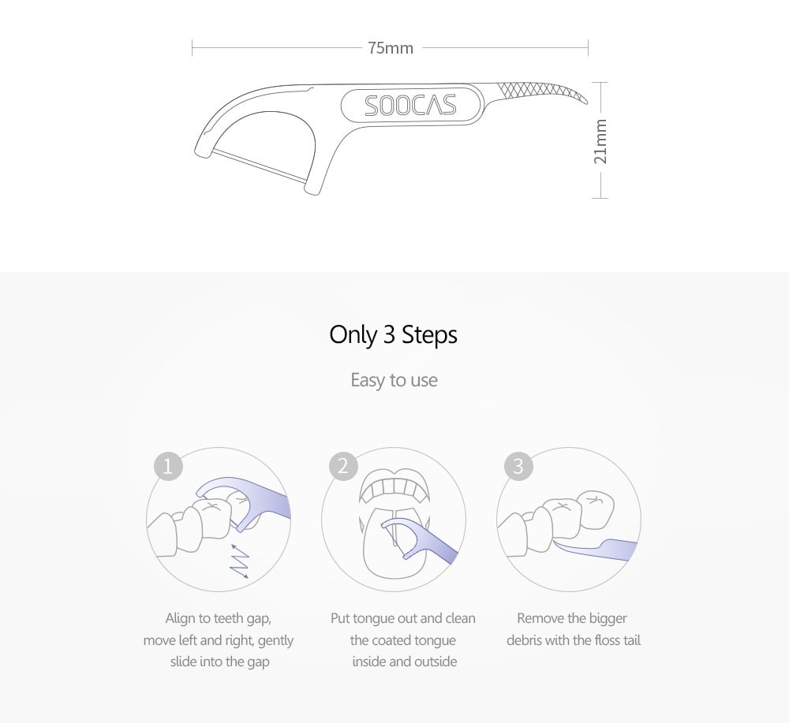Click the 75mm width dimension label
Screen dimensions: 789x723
[391, 48]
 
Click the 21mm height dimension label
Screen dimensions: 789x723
[600, 141]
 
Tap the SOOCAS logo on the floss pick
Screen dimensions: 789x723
[410, 106]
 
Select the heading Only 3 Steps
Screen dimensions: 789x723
[394, 335]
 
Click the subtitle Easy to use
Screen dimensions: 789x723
[394, 380]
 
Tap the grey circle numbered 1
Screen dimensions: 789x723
[168, 466]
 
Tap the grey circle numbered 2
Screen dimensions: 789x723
[343, 466]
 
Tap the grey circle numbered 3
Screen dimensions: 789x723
[518, 466]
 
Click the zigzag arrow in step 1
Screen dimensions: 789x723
[240, 561]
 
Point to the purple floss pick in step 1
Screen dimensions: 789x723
[246, 503]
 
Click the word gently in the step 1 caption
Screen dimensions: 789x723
[275, 641]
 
